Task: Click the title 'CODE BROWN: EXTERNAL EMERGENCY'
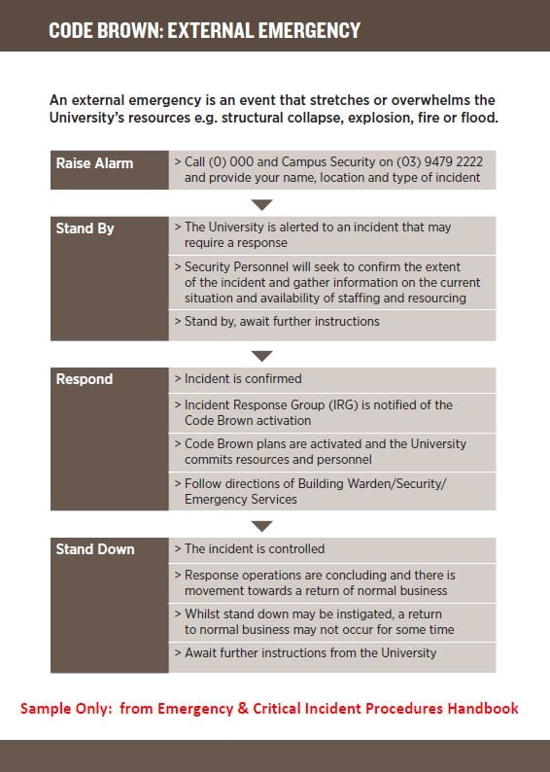pyautogui.click(x=204, y=30)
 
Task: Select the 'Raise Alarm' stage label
pyautogui.click(x=94, y=162)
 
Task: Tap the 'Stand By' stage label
pyautogui.click(x=85, y=228)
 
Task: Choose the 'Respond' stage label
pyautogui.click(x=84, y=379)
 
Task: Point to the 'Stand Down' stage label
pyautogui.click(x=95, y=548)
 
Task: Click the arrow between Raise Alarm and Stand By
pyautogui.click(x=262, y=204)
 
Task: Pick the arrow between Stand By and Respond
pyautogui.click(x=262, y=356)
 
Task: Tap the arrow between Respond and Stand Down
pyautogui.click(x=262, y=526)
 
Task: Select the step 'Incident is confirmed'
pyautogui.click(x=243, y=379)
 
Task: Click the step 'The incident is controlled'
pyautogui.click(x=255, y=548)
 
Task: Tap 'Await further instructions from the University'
pyautogui.click(x=311, y=653)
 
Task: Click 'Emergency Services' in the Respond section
pyautogui.click(x=241, y=499)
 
